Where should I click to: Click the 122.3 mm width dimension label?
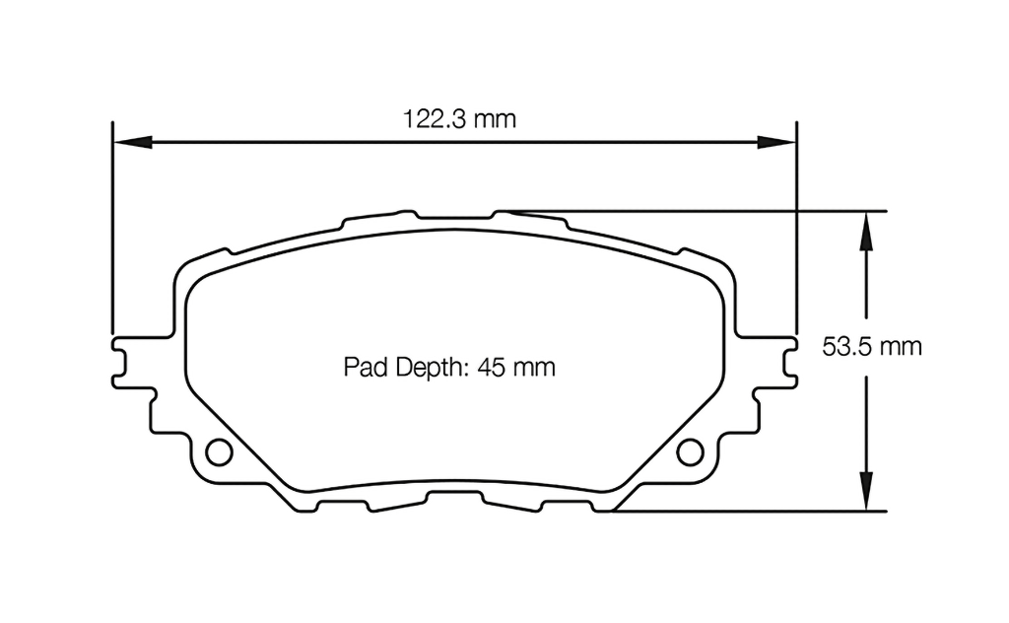pos(460,120)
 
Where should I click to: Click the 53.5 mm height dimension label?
pos(871,346)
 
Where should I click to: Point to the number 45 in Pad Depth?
pos(492,368)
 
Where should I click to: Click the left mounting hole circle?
pos(219,450)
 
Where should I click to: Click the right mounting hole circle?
pos(691,450)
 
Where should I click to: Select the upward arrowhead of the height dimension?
pos(865,228)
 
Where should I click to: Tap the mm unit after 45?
pos(534,368)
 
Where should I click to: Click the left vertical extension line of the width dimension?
pos(113,227)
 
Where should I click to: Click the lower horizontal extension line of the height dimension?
pos(749,511)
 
